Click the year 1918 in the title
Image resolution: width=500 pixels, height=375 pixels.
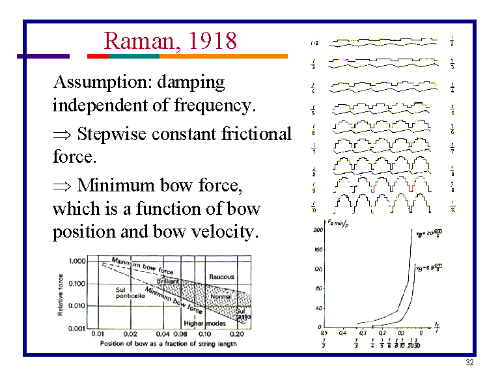click(x=214, y=41)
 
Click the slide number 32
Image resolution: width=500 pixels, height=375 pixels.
click(x=469, y=363)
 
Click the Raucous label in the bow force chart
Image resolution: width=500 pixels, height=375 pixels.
click(x=221, y=277)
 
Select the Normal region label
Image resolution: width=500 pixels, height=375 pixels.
click(x=221, y=297)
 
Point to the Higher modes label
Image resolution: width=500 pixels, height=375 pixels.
click(x=203, y=324)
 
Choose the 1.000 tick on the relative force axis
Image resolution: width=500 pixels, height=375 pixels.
click(x=76, y=260)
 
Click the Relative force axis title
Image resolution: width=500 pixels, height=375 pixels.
click(x=61, y=294)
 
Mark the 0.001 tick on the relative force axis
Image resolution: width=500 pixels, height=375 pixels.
click(x=76, y=328)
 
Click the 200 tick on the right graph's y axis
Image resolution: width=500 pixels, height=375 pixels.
click(x=318, y=230)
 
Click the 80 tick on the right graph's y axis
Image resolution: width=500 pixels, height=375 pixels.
click(x=319, y=288)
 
